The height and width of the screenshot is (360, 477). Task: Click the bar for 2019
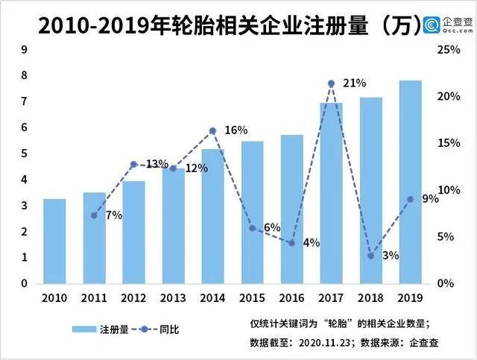(410, 183)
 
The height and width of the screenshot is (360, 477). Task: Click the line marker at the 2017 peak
(331, 83)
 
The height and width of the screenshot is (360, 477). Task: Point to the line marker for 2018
(370, 256)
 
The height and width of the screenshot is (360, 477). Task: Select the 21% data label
(354, 83)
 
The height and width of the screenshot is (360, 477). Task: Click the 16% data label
(236, 130)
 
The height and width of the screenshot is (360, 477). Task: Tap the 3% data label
(390, 255)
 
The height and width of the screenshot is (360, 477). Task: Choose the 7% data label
(113, 215)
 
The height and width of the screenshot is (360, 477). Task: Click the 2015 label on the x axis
(252, 298)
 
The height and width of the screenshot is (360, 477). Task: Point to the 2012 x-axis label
(133, 298)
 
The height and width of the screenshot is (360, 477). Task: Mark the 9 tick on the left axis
(25, 50)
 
